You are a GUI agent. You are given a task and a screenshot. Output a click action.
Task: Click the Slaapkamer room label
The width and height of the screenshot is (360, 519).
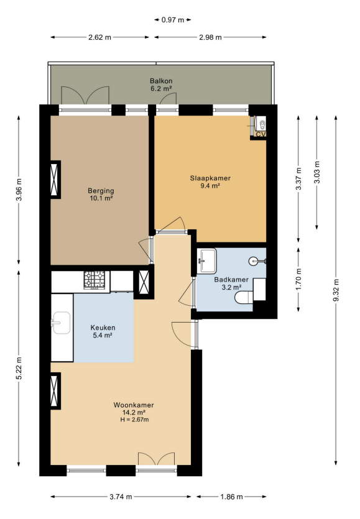(x=210, y=178)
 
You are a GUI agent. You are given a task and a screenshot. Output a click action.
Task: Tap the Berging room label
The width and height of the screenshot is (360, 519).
(x=101, y=191)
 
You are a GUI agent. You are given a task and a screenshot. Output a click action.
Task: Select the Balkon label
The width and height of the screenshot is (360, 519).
(x=161, y=81)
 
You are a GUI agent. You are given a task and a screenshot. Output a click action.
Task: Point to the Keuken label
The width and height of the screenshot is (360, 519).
(x=103, y=328)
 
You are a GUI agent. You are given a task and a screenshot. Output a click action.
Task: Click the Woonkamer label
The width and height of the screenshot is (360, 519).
(x=134, y=405)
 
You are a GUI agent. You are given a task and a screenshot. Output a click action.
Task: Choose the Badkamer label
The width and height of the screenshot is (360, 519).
(x=231, y=280)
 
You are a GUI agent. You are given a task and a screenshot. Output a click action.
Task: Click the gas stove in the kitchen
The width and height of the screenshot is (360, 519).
(x=96, y=280)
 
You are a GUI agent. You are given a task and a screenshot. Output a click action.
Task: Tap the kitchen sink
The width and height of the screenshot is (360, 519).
(x=61, y=323)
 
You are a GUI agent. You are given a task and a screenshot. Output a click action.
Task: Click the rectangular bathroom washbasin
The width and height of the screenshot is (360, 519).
(x=207, y=261)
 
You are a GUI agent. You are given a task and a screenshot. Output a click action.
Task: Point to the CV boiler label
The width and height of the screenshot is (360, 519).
(x=261, y=134)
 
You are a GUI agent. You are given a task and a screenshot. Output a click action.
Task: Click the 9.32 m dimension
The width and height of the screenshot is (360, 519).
(x=336, y=290)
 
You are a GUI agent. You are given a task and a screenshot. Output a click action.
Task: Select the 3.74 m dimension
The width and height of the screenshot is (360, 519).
(x=121, y=497)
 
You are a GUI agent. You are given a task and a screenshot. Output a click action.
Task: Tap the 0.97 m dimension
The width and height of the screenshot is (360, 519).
(x=173, y=20)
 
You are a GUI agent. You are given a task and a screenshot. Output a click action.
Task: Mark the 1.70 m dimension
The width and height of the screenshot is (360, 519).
(x=298, y=279)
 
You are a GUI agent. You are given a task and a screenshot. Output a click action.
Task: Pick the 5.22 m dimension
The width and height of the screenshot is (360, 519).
(x=19, y=368)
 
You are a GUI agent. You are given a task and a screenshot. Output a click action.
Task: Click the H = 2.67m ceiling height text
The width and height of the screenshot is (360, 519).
(x=134, y=420)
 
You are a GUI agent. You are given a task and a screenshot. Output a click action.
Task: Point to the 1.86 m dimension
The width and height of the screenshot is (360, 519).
(x=231, y=497)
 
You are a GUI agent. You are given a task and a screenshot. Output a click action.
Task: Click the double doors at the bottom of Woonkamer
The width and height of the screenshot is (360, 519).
(x=156, y=459)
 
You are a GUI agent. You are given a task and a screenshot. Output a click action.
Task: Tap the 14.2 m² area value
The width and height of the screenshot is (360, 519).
(x=134, y=413)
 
